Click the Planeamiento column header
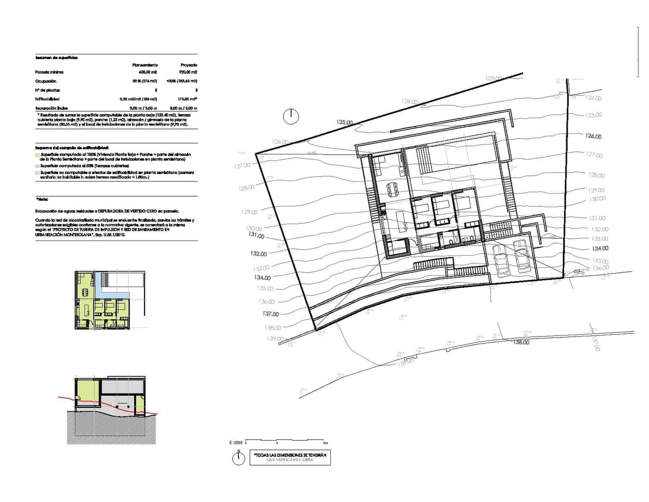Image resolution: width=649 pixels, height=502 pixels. coord(145,65)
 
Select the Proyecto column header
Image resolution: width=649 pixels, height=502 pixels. coord(189,65)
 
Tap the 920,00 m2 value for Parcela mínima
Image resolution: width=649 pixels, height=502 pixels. coord(188,72)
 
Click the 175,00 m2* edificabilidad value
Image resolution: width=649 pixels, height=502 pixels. coord(188,99)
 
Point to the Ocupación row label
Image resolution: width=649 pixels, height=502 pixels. coord(46,81)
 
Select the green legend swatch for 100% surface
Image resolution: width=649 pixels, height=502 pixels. coord(38,154)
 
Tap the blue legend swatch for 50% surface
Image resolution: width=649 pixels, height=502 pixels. coord(38,166)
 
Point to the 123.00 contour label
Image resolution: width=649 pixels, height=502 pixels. coord(494,78)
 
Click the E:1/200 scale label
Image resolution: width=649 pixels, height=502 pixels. coord(235,443)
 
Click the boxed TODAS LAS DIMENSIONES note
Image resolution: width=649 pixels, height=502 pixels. coord(290,457)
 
